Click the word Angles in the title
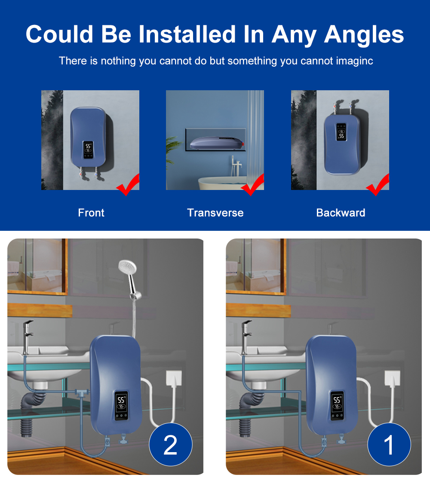(364, 34)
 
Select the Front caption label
(91, 213)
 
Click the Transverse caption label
(215, 213)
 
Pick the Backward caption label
(341, 213)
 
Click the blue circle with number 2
(170, 444)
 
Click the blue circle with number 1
(389, 444)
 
